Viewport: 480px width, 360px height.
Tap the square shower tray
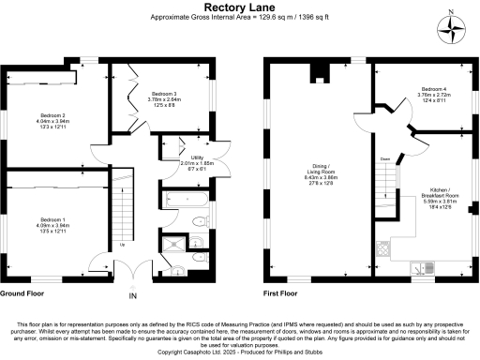[x=172, y=247]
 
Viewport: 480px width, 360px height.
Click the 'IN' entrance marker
[x=132, y=297]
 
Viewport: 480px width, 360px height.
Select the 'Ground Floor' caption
[x=24, y=293]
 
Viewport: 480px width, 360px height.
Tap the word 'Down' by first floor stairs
[x=384, y=159]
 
